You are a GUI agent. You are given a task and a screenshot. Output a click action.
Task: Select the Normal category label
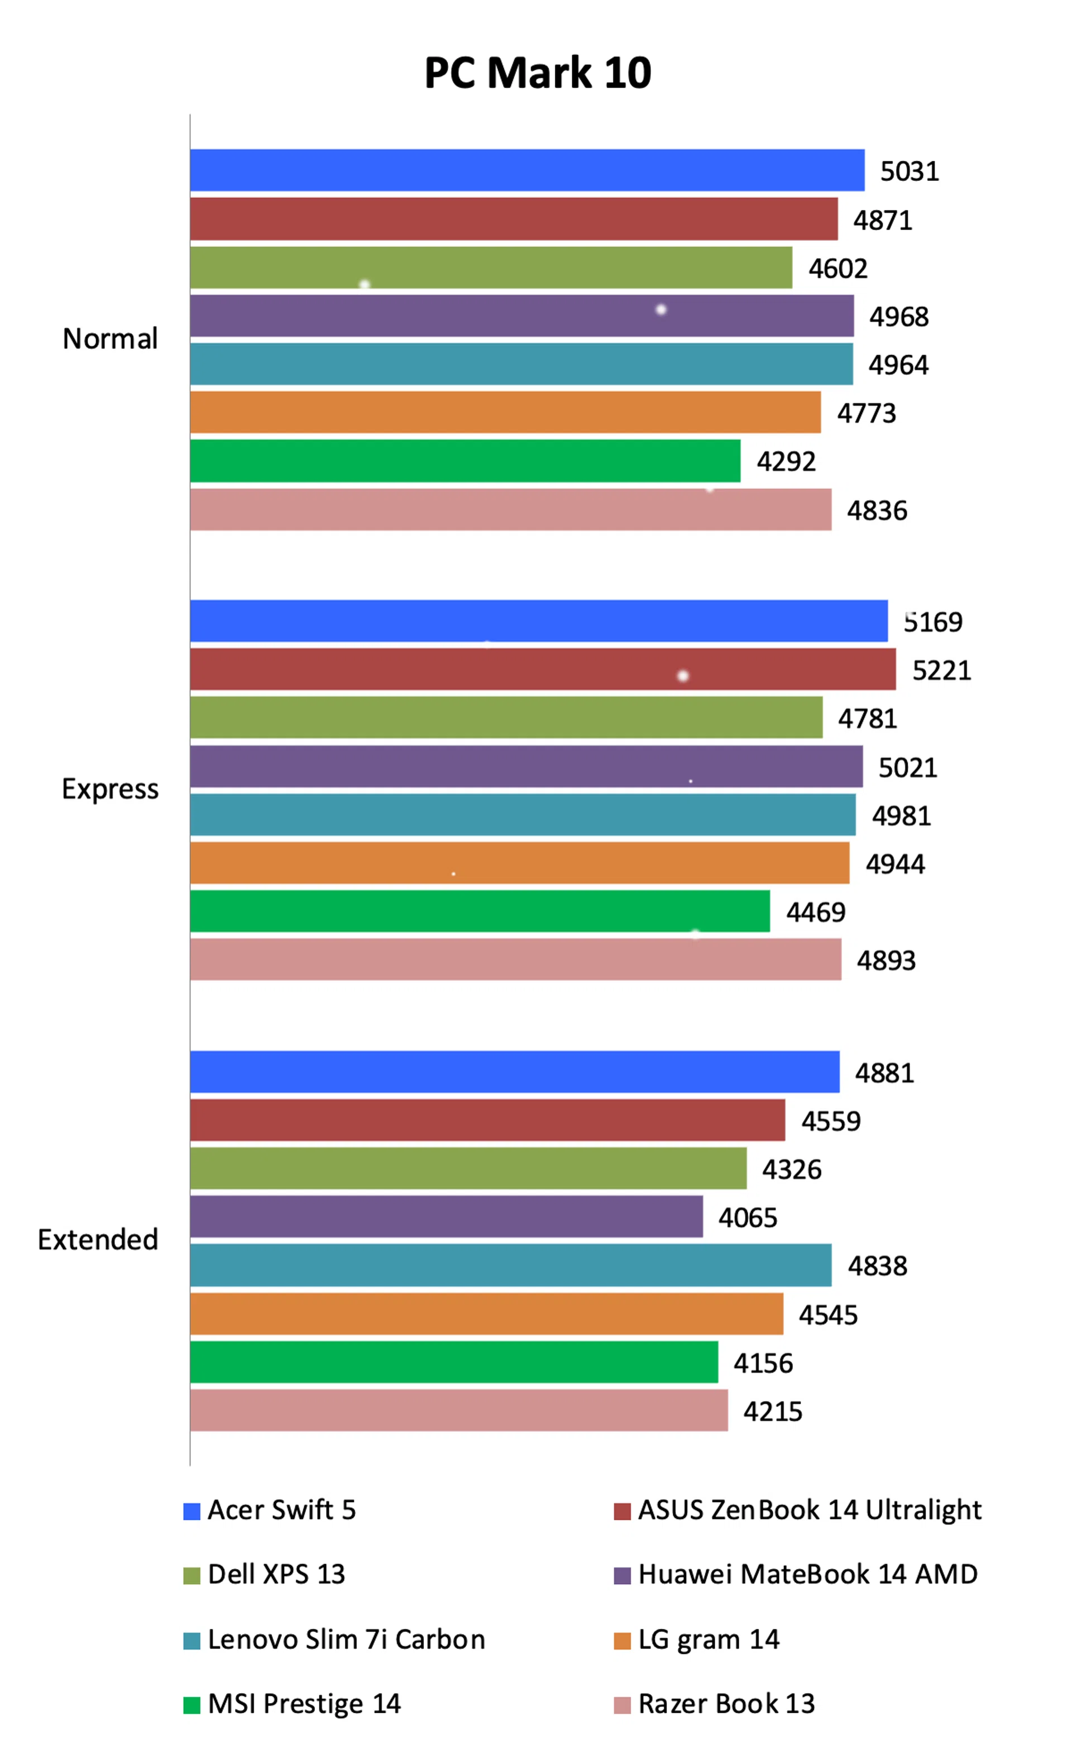[110, 339]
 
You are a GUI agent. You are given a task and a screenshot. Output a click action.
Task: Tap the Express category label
[110, 789]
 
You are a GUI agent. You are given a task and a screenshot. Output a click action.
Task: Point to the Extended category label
[98, 1239]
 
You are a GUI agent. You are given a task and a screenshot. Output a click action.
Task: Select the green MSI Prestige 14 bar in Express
[480, 911]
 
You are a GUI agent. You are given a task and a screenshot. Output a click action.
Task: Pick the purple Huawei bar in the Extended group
[446, 1216]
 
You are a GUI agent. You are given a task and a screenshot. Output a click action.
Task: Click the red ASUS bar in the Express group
[543, 669]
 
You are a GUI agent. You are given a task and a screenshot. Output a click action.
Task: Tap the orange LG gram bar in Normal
[505, 412]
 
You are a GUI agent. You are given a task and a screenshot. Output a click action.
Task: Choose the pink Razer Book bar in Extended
[459, 1410]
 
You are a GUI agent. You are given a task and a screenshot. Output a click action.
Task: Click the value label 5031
[910, 171]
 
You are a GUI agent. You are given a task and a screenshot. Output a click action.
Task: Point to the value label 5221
[941, 670]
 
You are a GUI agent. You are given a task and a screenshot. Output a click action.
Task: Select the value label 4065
[747, 1217]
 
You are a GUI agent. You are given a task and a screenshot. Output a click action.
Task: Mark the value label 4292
[786, 462]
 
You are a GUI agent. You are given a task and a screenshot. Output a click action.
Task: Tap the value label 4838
[877, 1266]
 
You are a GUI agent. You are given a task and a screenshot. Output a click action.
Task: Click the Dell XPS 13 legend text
[276, 1574]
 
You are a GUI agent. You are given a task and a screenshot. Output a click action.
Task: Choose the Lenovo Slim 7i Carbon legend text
[346, 1639]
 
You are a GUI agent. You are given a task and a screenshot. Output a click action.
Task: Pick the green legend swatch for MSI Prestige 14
[192, 1705]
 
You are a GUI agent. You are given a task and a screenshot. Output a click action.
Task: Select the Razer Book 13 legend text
[726, 1703]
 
